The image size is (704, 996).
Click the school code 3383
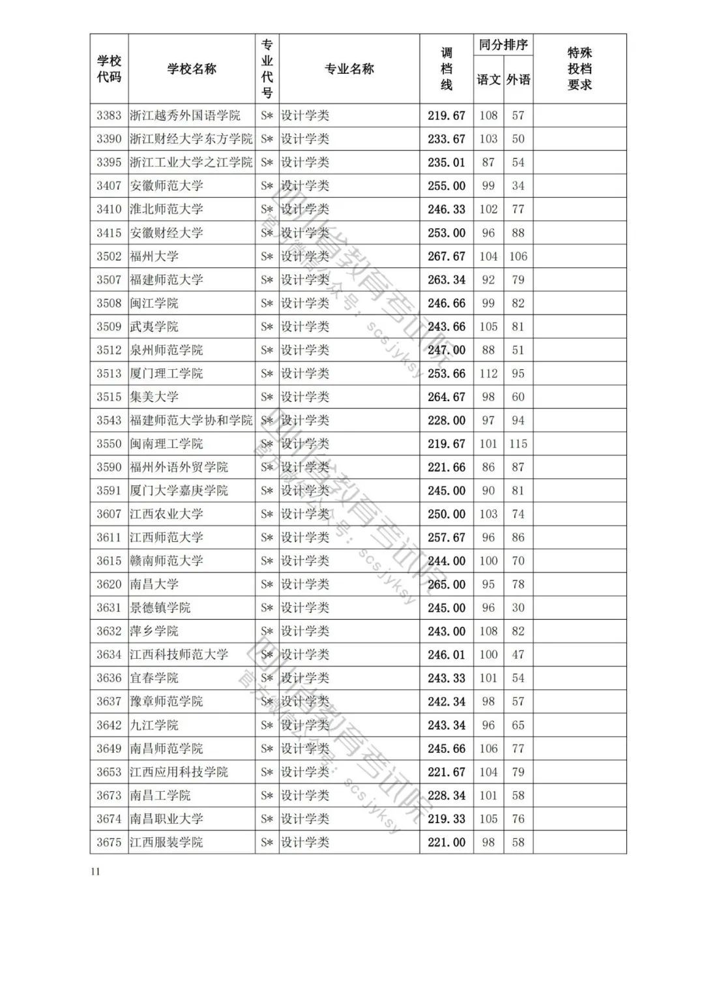[109, 115]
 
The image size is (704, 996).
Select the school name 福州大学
[154, 256]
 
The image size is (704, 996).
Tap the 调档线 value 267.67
[447, 256]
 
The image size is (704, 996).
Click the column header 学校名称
[192, 69]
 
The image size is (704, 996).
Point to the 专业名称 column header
[349, 69]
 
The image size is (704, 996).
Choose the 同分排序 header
[503, 45]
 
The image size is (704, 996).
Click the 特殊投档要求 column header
[579, 69]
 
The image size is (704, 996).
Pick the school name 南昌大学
[154, 584]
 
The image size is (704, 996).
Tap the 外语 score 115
[518, 444]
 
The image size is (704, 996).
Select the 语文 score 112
[488, 374]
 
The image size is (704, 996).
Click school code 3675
[109, 842]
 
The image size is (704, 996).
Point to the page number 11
[96, 872]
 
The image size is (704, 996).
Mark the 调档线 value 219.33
[447, 819]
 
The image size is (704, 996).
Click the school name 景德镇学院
[160, 608]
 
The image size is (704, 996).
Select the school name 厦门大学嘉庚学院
[179, 490]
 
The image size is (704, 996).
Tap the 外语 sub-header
[518, 80]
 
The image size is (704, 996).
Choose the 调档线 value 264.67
[447, 397]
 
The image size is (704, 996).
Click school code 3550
[109, 444]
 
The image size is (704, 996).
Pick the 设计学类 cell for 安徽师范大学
[305, 186]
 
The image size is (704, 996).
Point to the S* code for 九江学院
[267, 725]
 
